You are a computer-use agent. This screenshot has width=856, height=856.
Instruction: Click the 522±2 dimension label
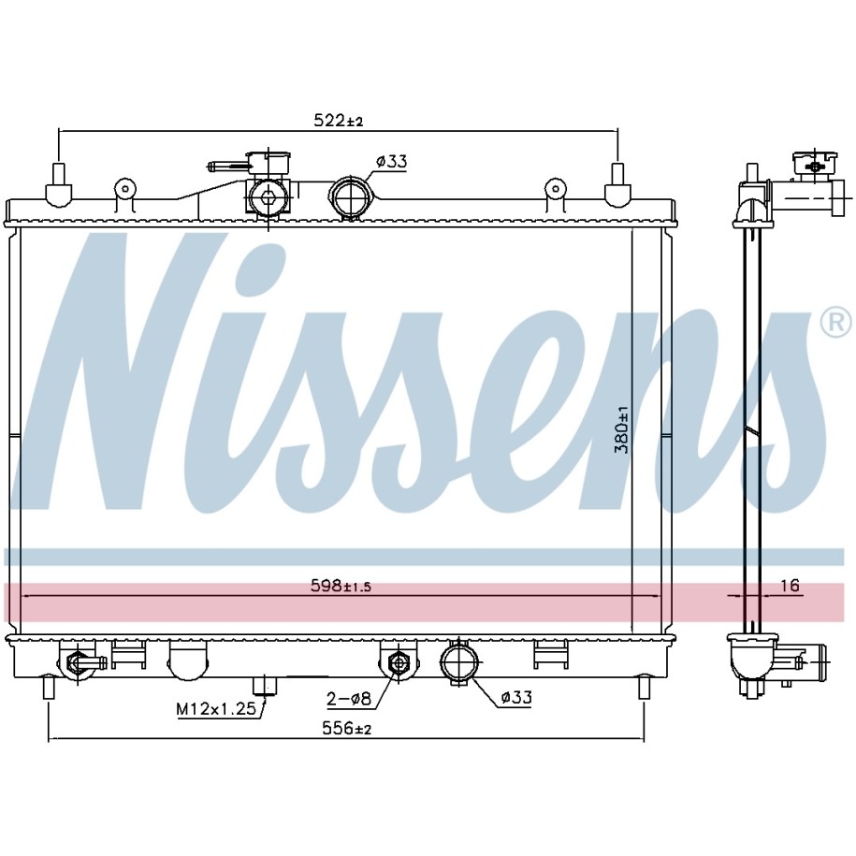click(338, 120)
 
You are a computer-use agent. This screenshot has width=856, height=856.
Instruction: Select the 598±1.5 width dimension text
click(341, 587)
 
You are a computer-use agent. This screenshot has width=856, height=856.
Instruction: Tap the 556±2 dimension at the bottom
click(347, 728)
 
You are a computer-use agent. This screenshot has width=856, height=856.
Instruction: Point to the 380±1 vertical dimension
click(622, 429)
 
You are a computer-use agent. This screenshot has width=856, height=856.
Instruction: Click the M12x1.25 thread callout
click(216, 708)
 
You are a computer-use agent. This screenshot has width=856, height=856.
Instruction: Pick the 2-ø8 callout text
click(349, 698)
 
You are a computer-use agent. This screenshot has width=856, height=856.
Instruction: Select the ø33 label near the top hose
click(391, 162)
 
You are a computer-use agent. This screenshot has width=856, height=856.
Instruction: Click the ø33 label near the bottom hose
click(515, 697)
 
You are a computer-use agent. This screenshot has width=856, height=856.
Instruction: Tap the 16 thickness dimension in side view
click(790, 586)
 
